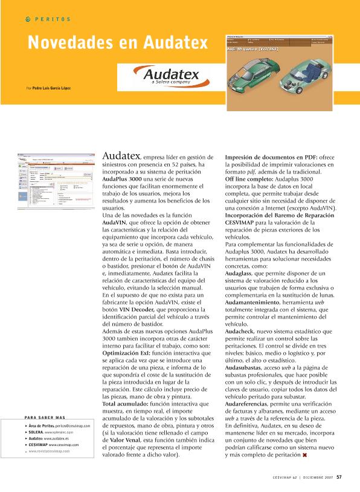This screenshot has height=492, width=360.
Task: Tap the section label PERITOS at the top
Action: (52, 19)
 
